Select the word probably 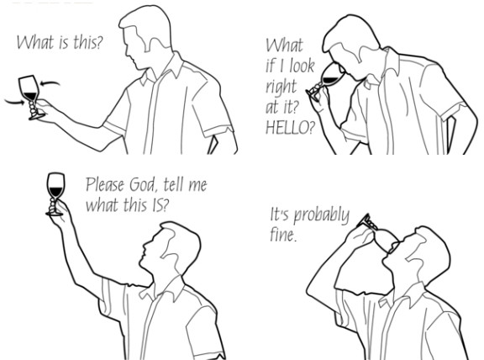(x=321, y=215)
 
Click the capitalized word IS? (x=160, y=204)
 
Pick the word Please (x=105, y=184)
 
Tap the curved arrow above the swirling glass (x=50, y=83)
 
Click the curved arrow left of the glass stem (x=14, y=102)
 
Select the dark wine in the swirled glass (x=30, y=96)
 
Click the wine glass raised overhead (x=55, y=194)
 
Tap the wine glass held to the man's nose (x=324, y=81)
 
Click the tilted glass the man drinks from (x=377, y=234)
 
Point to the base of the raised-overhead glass (x=55, y=213)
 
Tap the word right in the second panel (x=281, y=87)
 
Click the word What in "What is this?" (x=35, y=42)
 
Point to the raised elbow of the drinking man (x=308, y=290)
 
